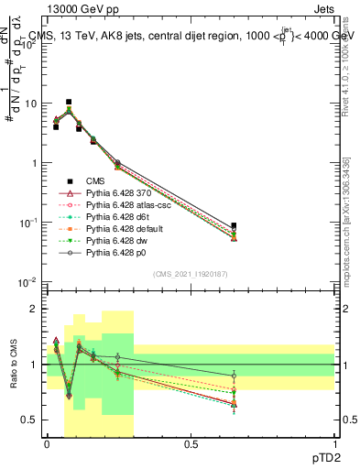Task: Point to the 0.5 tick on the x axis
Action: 191,443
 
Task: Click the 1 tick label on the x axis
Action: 335,443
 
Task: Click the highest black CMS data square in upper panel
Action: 69,102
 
